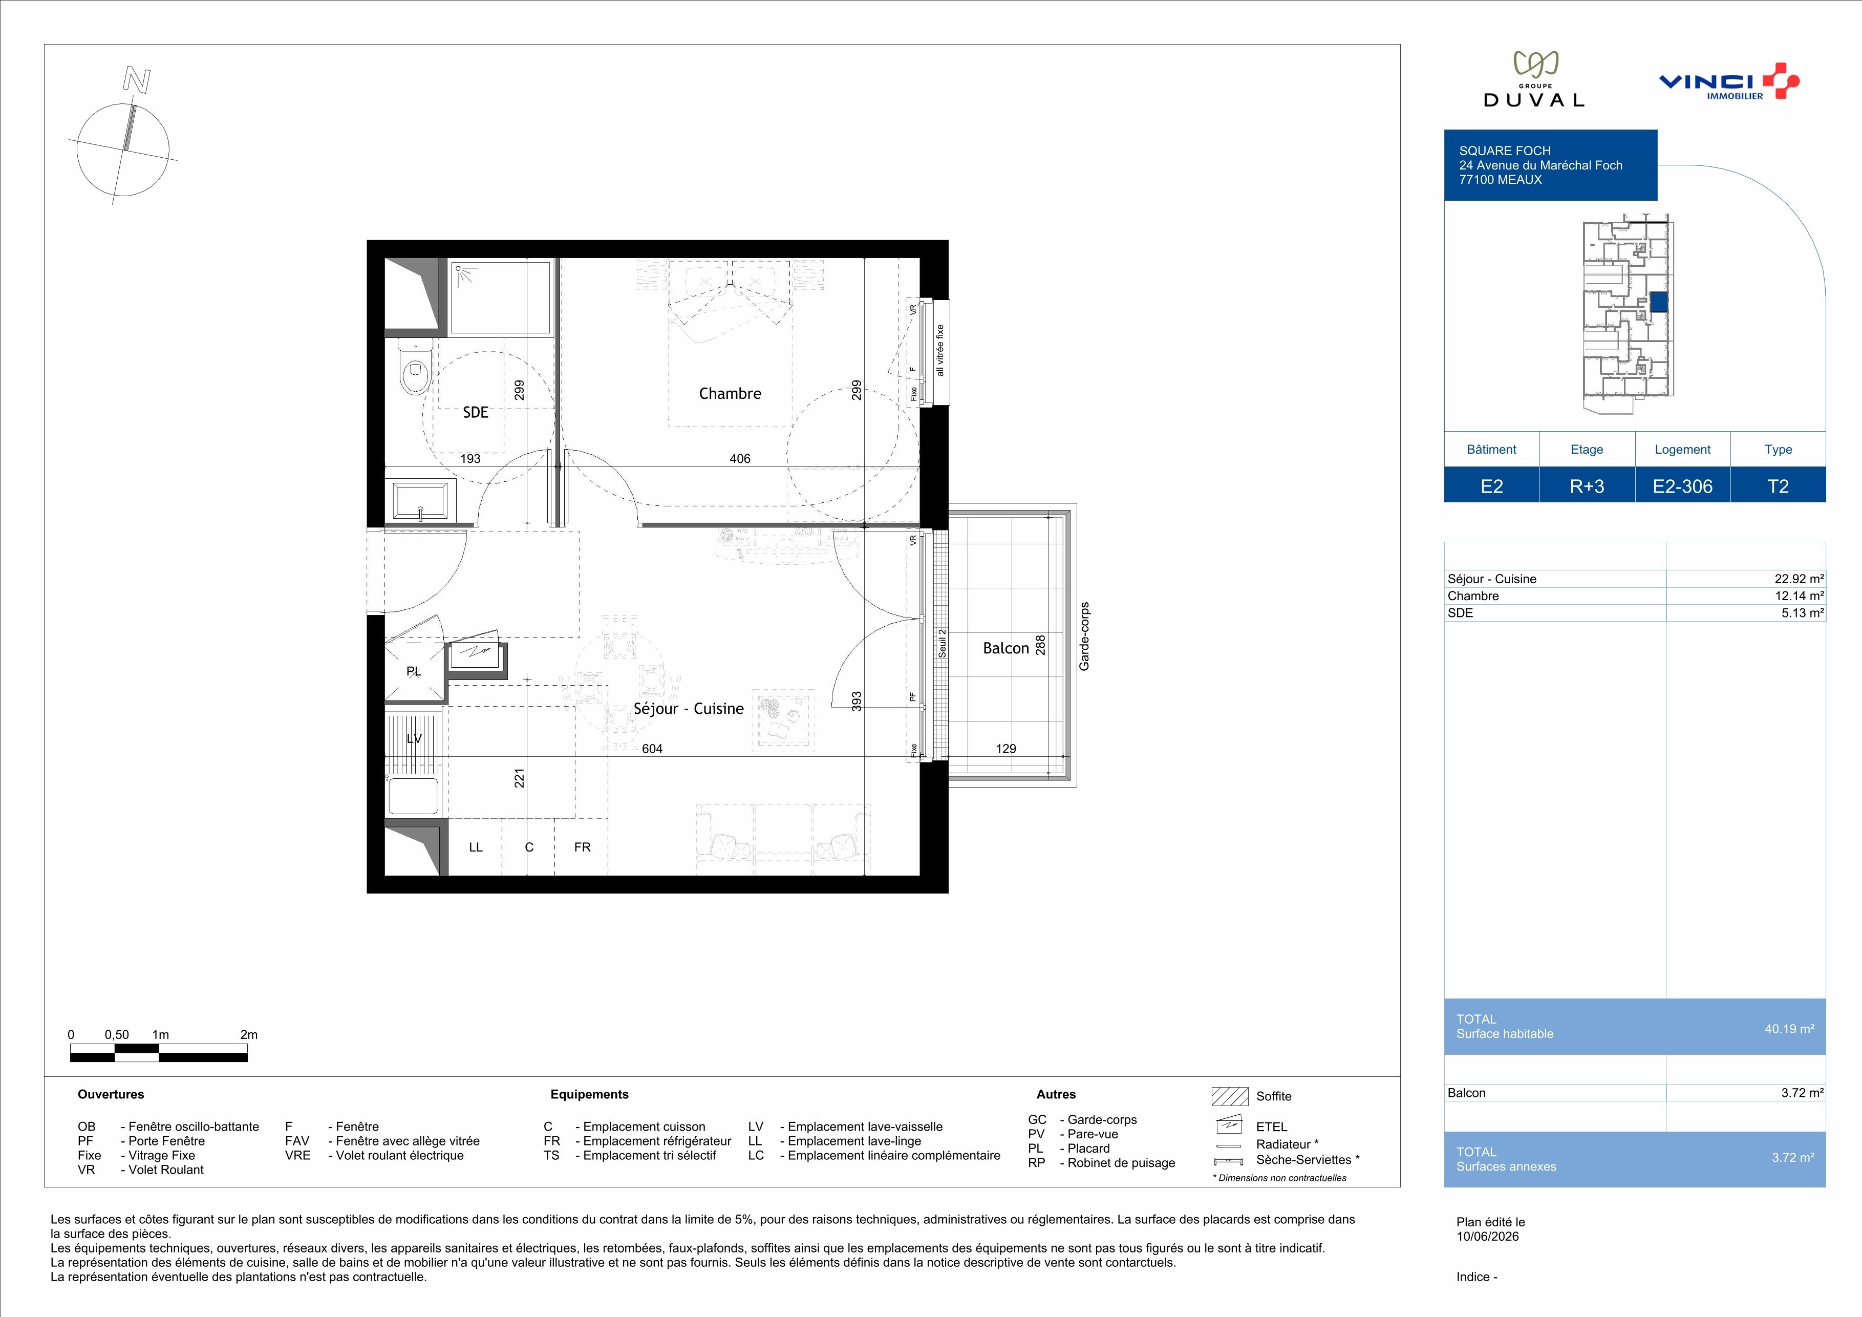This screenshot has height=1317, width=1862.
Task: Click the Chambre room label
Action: point(730,393)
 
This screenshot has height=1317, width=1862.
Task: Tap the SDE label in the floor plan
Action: point(475,412)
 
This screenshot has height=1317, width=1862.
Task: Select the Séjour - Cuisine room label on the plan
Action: point(689,708)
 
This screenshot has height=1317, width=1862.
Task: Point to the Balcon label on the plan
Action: point(1005,648)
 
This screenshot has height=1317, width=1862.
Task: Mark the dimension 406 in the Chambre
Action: point(740,458)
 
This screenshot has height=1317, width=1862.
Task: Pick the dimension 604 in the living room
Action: point(652,749)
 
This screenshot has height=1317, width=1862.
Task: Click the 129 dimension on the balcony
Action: point(1005,749)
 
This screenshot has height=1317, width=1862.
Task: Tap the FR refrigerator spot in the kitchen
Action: point(582,846)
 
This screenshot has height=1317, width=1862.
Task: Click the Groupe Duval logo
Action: point(1533,79)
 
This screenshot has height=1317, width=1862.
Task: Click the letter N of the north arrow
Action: point(136,79)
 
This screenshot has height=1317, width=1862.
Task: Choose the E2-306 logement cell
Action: point(1683,486)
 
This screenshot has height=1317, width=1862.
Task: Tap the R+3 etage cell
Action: point(1587,486)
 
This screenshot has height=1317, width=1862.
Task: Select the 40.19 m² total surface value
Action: point(1789,1028)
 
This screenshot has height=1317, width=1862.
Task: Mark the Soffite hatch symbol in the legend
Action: point(1229,1096)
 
